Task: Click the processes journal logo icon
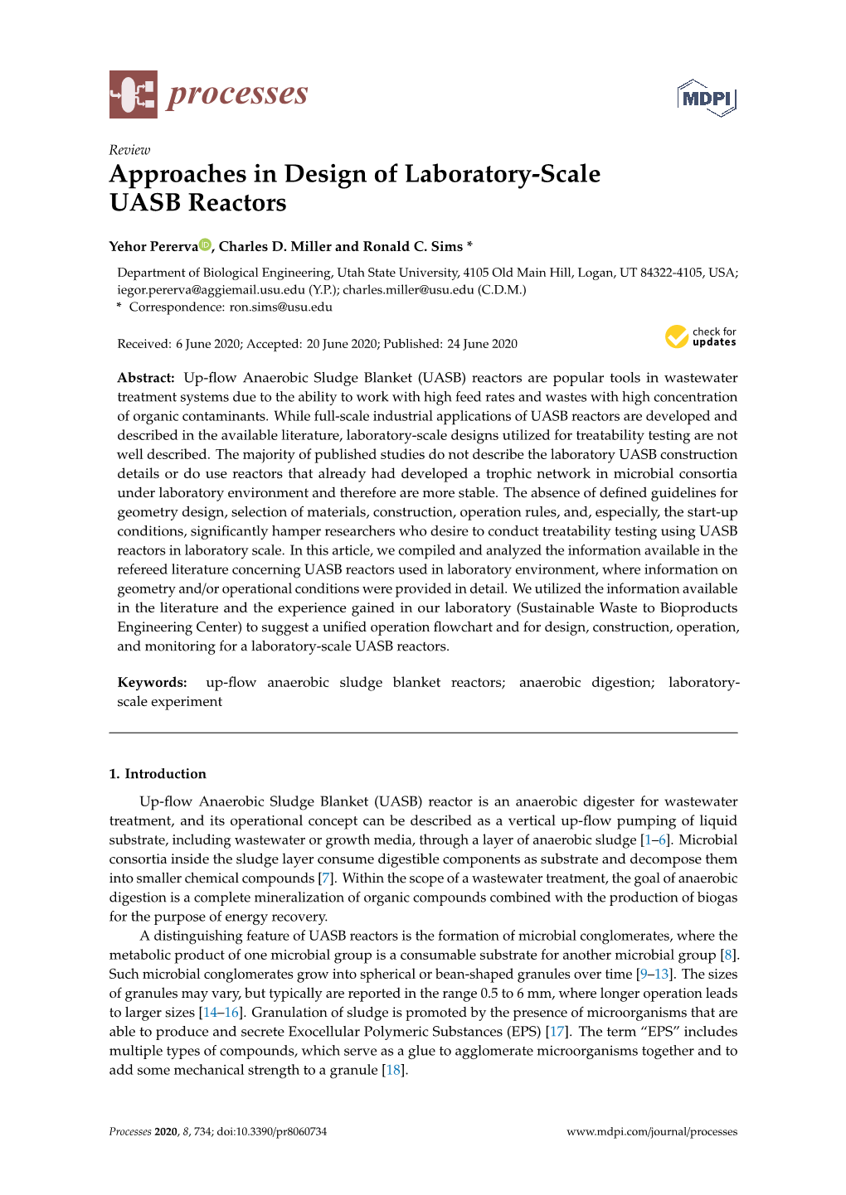point(133,94)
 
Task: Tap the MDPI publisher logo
point(707,99)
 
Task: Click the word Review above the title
point(129,150)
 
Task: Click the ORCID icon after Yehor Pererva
point(205,245)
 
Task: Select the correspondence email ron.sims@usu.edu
point(280,307)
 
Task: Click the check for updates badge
point(700,336)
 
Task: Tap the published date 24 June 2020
point(482,344)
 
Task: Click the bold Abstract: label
point(146,378)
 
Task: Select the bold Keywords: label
point(152,683)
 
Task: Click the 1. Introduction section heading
point(158,774)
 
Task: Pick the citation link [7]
point(326,878)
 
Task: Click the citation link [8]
point(728,955)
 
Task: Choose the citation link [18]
point(394,1070)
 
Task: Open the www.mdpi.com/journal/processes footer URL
point(651,1132)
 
